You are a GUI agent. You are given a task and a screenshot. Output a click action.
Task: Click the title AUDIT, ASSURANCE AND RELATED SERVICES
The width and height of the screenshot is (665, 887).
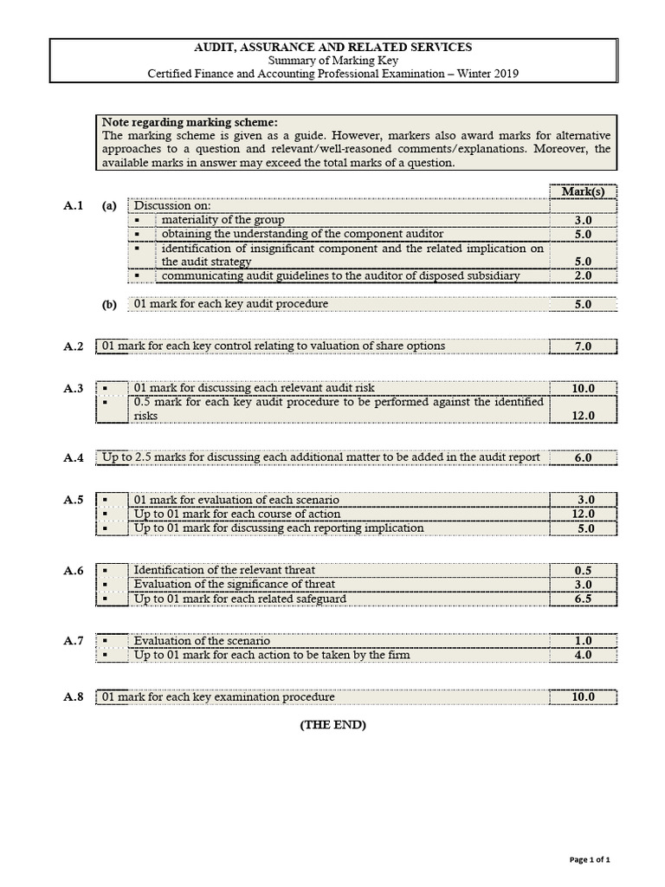[x=332, y=47]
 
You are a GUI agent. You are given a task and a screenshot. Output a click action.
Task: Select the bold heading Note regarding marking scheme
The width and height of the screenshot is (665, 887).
[x=190, y=122]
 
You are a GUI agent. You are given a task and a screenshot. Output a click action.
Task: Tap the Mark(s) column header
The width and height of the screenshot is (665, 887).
[x=583, y=191]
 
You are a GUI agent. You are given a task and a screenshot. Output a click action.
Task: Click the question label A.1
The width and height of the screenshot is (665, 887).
[x=74, y=206]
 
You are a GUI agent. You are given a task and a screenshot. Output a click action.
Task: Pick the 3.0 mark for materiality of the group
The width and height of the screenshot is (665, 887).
[x=583, y=221]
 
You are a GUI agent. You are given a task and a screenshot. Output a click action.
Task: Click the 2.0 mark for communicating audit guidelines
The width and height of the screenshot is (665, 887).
[x=583, y=275]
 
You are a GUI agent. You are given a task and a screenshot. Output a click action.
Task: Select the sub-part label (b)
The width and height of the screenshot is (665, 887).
[x=109, y=305]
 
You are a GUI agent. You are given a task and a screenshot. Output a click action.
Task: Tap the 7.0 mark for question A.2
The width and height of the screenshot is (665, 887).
[x=583, y=346]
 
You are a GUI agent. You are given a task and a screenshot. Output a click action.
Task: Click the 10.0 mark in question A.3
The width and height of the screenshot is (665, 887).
[x=583, y=389]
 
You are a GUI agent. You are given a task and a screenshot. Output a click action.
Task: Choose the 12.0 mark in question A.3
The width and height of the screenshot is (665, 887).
[x=583, y=416]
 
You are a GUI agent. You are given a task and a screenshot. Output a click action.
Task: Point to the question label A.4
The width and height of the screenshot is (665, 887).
[x=74, y=457]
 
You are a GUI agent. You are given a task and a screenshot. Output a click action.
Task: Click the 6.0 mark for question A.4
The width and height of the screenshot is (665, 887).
[x=583, y=457]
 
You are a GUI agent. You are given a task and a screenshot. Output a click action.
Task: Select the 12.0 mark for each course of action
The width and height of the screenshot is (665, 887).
[x=583, y=514]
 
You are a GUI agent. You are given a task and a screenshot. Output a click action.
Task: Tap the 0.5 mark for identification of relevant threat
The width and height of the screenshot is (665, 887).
[x=583, y=571]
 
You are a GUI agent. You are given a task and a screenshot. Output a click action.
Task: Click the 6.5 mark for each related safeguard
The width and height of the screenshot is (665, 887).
[x=583, y=599]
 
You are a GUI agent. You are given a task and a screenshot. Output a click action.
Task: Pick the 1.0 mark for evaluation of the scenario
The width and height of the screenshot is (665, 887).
[x=583, y=641]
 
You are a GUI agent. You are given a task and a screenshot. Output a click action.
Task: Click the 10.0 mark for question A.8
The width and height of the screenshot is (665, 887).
[x=583, y=697]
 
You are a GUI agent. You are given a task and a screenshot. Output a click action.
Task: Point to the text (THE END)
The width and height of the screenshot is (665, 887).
[x=332, y=725]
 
